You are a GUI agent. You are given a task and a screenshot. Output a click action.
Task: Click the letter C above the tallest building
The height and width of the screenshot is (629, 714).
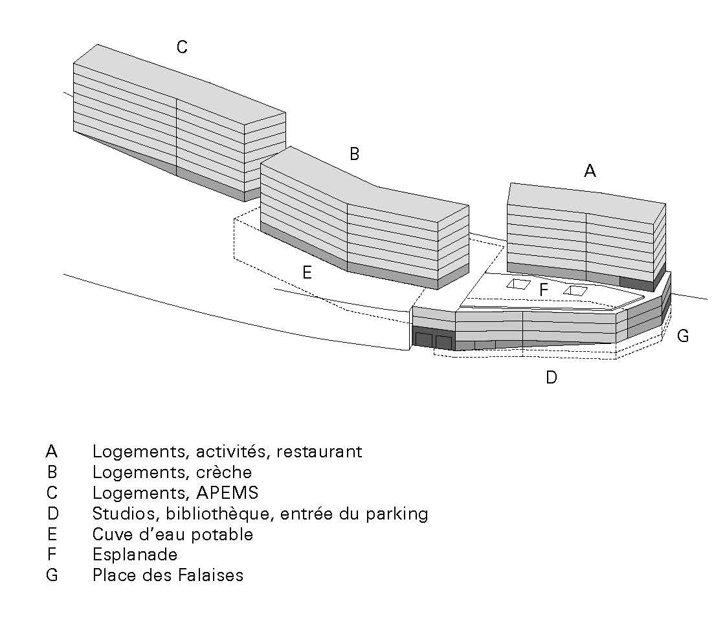(182, 47)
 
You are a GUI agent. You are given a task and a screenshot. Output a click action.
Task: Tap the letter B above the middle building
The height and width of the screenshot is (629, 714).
(354, 154)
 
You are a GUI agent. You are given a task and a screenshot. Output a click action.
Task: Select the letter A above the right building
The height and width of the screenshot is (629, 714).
(590, 171)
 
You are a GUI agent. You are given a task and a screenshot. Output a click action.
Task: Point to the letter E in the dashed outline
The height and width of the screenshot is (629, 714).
(307, 273)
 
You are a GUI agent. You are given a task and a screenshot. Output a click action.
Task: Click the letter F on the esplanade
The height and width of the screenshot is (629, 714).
(544, 290)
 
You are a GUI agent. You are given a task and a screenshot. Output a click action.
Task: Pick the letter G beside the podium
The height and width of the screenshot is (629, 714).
(682, 336)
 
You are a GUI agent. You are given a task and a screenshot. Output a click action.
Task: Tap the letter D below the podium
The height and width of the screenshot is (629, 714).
(551, 378)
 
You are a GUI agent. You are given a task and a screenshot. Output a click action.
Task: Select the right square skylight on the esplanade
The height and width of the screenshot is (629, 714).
(575, 290)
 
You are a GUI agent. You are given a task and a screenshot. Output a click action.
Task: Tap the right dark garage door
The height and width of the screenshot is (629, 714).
(443, 342)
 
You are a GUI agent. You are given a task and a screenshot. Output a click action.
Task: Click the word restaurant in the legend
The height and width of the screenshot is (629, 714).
(319, 452)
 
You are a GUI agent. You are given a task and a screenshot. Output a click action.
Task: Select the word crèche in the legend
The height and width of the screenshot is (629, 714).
(226, 472)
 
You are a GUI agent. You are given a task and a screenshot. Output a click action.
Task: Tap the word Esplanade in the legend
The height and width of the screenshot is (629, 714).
(135, 555)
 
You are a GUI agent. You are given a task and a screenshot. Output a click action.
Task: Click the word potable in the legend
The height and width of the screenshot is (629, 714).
(223, 534)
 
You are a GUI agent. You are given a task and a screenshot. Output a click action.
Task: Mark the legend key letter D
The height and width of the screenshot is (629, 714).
(52, 514)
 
